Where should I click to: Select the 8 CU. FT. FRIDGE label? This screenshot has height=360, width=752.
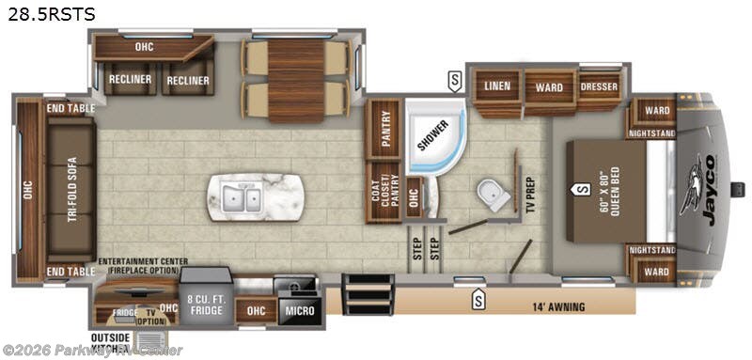[206, 304]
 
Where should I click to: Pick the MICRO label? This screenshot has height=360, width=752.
[300, 310]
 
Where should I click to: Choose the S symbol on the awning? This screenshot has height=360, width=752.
[478, 300]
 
